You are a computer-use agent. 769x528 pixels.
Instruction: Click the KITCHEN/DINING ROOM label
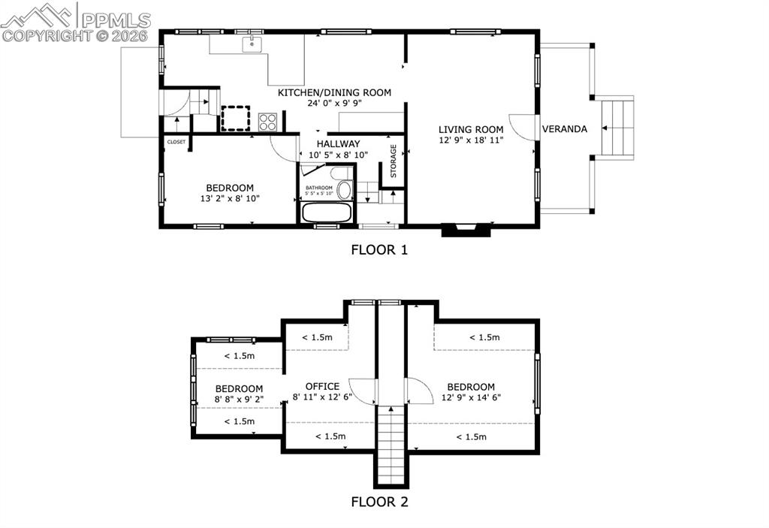334,92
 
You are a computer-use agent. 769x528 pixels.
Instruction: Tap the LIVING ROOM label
471,129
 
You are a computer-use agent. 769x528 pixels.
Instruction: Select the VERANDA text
565,129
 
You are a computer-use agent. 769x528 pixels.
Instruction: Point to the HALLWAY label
337,143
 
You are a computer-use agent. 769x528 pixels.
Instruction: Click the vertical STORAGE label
393,161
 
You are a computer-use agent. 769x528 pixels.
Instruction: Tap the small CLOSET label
176,142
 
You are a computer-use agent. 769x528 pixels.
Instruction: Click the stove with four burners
268,122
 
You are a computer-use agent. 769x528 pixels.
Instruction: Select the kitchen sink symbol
252,44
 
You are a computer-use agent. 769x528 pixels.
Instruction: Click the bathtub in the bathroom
326,212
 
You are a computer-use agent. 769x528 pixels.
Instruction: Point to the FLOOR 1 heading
379,250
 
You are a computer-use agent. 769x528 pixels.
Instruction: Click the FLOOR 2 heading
379,502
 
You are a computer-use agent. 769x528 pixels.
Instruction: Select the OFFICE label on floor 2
322,387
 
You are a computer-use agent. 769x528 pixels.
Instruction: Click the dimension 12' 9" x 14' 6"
471,397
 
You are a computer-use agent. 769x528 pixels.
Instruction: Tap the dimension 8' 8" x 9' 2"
239,399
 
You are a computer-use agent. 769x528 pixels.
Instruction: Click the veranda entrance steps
618,128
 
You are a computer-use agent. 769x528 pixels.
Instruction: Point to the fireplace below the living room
466,230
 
